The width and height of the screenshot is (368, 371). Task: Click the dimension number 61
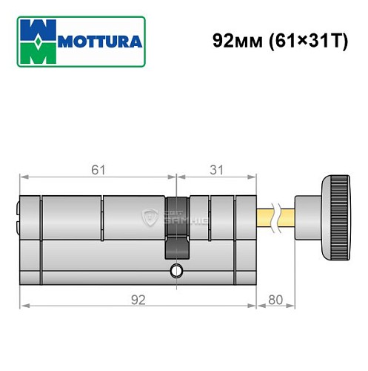click(98, 170)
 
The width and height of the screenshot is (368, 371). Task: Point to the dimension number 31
click(217, 170)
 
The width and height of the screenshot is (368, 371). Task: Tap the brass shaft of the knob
click(265, 217)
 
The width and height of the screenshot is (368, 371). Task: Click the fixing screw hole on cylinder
click(175, 269)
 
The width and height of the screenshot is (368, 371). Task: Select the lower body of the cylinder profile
click(96, 263)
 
